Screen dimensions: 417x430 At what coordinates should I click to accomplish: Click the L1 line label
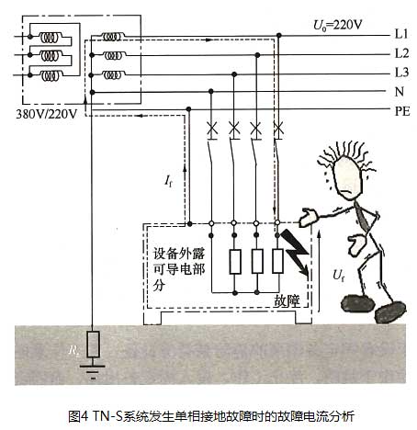click(x=401, y=34)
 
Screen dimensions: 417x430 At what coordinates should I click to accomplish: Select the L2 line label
click(x=401, y=53)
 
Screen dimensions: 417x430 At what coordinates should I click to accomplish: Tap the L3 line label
click(x=401, y=73)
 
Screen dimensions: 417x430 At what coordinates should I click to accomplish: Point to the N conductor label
click(x=400, y=92)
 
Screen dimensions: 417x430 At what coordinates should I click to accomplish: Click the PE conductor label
click(x=402, y=111)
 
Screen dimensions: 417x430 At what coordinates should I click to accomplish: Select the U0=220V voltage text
click(x=337, y=25)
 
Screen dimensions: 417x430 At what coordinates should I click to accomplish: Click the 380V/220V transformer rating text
click(x=47, y=114)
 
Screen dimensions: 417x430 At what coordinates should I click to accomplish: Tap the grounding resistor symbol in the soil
click(x=93, y=345)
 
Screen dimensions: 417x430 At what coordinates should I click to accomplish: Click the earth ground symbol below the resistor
click(x=93, y=372)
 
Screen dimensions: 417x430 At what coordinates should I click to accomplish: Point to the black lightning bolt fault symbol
click(x=296, y=251)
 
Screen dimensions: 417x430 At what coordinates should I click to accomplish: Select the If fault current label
click(x=168, y=181)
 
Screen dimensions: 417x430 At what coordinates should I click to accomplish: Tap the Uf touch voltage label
click(x=338, y=275)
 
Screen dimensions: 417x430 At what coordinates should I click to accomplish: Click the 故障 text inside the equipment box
click(x=287, y=300)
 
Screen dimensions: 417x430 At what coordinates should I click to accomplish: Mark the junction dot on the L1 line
click(x=278, y=36)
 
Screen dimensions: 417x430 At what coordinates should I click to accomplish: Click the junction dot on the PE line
click(x=188, y=109)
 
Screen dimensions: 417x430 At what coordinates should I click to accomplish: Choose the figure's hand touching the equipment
click(x=309, y=218)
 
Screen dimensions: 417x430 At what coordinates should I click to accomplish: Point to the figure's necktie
click(x=361, y=217)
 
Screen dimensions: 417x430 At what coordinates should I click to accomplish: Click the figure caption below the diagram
click(x=211, y=416)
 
